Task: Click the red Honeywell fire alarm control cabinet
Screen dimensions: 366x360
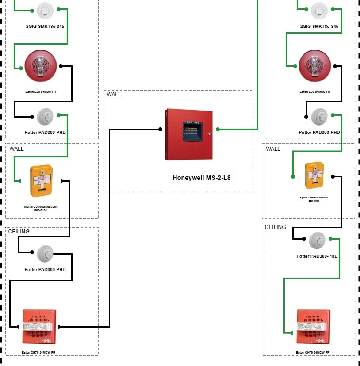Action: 189,134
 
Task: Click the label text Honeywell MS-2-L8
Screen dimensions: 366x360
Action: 201,178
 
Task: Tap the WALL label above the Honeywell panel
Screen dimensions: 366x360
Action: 114,95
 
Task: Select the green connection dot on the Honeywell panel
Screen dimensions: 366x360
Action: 218,130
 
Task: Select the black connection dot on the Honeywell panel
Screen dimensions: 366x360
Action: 160,130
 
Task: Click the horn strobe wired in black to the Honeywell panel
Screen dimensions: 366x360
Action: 39,326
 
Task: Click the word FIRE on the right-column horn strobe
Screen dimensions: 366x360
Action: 320,340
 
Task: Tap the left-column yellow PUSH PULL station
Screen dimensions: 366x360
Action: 41,181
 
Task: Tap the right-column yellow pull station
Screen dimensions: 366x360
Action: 314,175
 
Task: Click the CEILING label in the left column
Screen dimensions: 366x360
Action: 19,232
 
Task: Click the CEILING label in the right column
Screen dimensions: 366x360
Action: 275,227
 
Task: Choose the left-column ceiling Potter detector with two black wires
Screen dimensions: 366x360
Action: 45,253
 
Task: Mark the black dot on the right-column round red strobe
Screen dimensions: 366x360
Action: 335,66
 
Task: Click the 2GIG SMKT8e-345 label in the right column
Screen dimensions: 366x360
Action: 319,27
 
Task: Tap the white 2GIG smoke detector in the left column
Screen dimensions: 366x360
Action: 45,10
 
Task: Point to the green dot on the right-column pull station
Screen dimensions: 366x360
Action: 293,176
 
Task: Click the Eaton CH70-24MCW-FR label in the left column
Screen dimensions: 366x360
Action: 38,352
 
